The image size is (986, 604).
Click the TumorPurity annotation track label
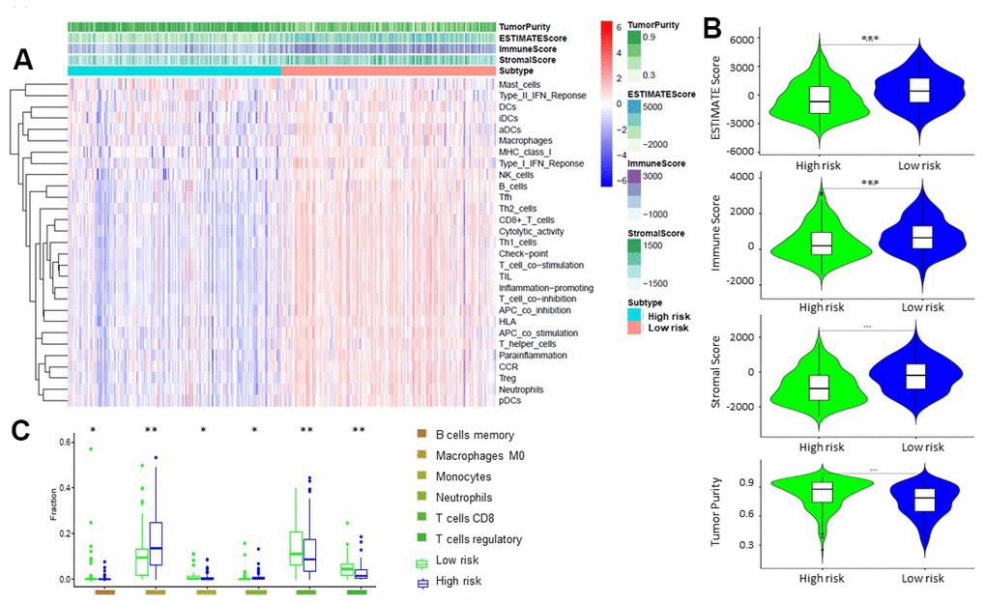[x=528, y=25]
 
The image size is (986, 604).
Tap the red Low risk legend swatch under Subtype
[x=635, y=329]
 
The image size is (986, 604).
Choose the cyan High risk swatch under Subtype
[x=635, y=315]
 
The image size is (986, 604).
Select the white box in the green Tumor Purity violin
[x=822, y=493]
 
